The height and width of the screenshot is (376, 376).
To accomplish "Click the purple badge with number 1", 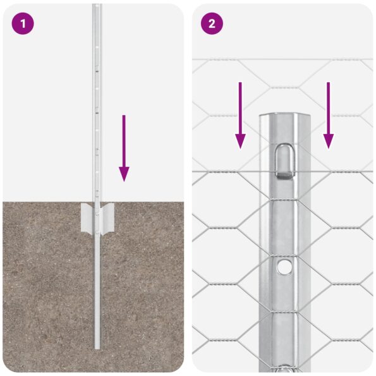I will click(x=23, y=24).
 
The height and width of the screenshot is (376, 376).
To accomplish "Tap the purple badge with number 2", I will click(x=212, y=24).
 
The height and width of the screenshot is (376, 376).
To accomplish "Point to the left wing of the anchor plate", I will click(x=87, y=217).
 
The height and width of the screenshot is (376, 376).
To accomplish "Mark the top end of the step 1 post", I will click(x=97, y=6).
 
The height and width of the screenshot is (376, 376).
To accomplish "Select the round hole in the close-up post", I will click(x=285, y=267).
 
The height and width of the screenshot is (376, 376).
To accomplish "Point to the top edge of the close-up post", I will click(x=285, y=116).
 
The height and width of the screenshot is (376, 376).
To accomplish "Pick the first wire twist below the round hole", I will click(x=285, y=309).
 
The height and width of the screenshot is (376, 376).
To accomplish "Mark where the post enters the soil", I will click(x=97, y=203).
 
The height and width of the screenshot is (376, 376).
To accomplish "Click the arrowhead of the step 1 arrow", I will click(x=124, y=174).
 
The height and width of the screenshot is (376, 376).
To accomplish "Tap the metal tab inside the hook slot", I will click(x=285, y=169).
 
